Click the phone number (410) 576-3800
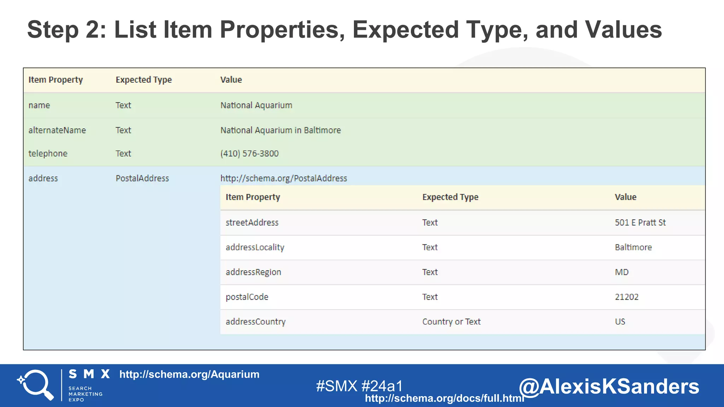pos(249,154)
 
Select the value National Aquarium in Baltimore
pos(280,130)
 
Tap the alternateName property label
pos(57,130)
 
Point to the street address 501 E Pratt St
pos(640,223)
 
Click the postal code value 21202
pos(626,297)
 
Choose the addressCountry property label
pos(255,322)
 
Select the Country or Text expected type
pos(451,322)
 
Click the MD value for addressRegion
pos(621,272)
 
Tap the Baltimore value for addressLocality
pos(633,247)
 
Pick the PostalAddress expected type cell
pos(142,178)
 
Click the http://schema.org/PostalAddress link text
pos(284,178)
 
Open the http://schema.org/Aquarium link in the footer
pos(189,374)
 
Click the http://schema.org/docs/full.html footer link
pos(444,398)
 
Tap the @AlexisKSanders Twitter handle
pos(609,386)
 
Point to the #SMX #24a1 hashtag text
pos(359,386)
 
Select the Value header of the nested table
pos(625,197)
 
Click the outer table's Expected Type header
pos(144,80)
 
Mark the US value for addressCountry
pos(620,322)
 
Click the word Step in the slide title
pos(53,30)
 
